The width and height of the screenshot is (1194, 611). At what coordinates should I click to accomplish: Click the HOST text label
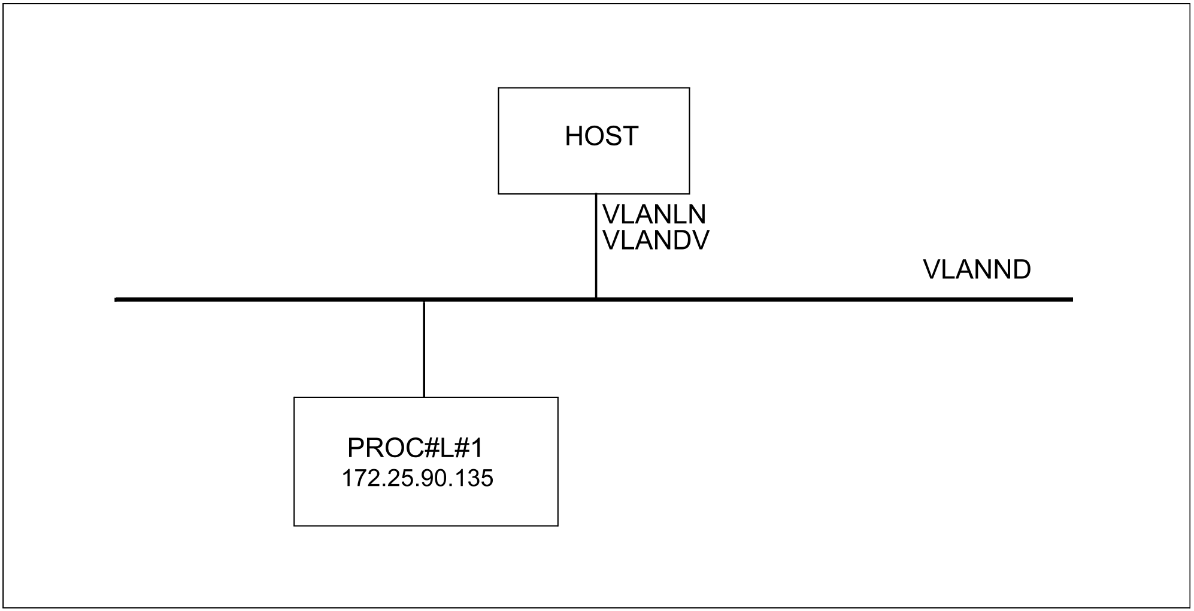pyautogui.click(x=601, y=136)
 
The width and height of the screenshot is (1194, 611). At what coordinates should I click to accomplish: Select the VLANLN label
pyautogui.click(x=654, y=215)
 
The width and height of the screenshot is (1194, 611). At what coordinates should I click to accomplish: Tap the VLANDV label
pyautogui.click(x=656, y=241)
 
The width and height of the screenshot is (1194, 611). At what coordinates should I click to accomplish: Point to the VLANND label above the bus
pyautogui.click(x=977, y=270)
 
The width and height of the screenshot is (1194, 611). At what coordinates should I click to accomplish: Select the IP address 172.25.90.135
pyautogui.click(x=417, y=479)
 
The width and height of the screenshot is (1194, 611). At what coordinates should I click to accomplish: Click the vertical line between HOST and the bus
pyautogui.click(x=596, y=245)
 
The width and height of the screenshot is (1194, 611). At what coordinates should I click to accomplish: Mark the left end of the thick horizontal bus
pyautogui.click(x=116, y=299)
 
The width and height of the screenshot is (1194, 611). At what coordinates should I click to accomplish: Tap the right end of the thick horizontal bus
pyautogui.click(x=1072, y=299)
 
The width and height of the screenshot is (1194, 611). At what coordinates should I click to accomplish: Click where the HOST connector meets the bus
pyautogui.click(x=596, y=299)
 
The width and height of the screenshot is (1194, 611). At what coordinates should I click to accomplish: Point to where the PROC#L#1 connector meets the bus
pyautogui.click(x=424, y=300)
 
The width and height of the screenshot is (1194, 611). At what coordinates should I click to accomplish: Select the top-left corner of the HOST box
pyautogui.click(x=499, y=88)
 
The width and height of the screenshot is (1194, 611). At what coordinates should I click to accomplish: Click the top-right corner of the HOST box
pyautogui.click(x=689, y=88)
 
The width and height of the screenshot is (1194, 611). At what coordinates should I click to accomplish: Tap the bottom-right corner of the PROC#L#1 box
pyautogui.click(x=558, y=526)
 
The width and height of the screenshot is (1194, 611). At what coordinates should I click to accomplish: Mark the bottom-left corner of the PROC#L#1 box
pyautogui.click(x=294, y=526)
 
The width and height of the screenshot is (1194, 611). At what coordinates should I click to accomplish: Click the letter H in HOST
pyautogui.click(x=574, y=136)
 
